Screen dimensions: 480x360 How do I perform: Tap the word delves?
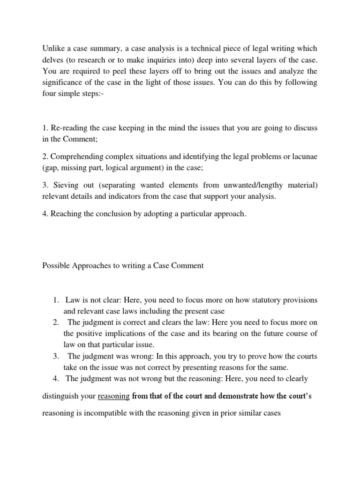[53, 60]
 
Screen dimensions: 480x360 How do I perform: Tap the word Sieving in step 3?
[64, 186]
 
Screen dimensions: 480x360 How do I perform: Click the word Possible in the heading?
[56, 266]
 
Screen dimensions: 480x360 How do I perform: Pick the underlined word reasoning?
[114, 397]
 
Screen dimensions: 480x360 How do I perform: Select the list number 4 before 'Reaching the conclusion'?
[44, 214]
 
